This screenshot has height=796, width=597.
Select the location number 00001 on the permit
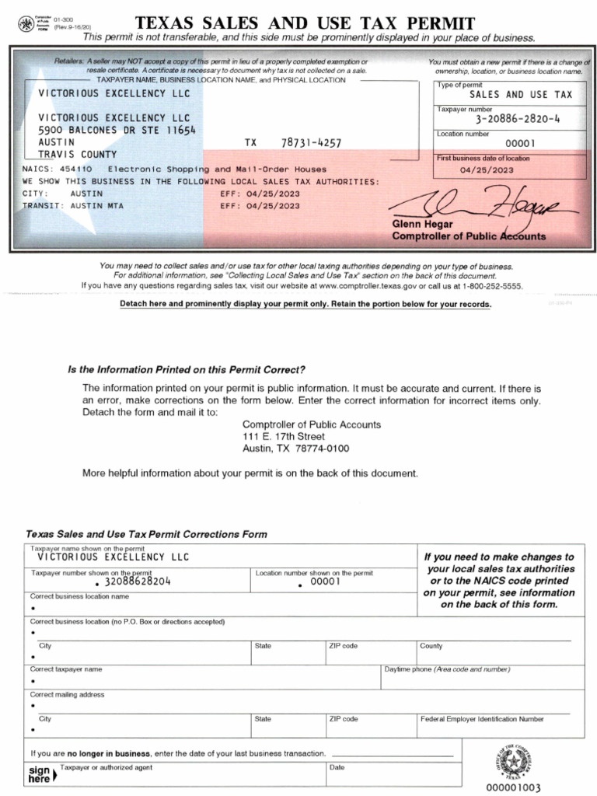(520, 143)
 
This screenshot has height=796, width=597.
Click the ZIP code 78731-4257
(310, 143)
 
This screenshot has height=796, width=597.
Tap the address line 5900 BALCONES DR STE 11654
(117, 131)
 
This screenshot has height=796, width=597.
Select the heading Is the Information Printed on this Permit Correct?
(187, 370)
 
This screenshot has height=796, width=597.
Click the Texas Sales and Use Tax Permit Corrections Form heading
(146, 534)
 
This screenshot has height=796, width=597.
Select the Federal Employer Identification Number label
(482, 719)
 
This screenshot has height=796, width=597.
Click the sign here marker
(40, 773)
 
